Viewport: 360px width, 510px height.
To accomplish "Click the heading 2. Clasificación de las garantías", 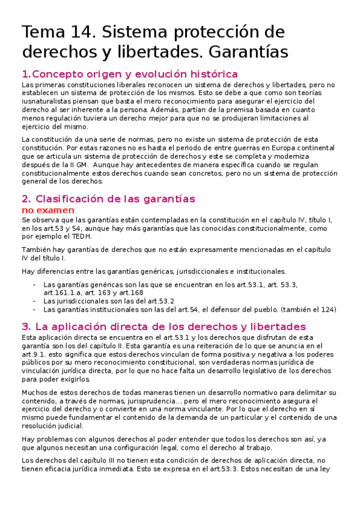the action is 108,198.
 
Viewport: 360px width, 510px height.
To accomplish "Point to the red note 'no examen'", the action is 48,210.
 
